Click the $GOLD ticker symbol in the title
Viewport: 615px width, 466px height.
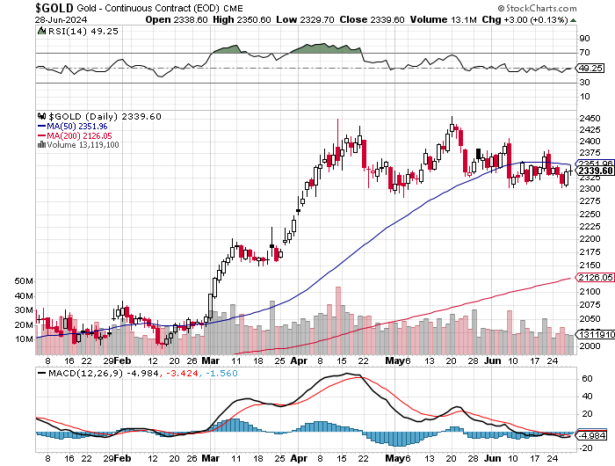[x=54, y=7]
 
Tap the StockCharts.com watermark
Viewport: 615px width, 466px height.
[x=537, y=8]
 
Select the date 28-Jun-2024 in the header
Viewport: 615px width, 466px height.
[x=61, y=19]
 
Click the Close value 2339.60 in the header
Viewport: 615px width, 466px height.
[x=387, y=19]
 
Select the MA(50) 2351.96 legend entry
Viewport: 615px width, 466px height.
[x=73, y=127]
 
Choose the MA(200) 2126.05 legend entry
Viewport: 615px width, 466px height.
[x=75, y=135]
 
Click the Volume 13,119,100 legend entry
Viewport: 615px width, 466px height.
[x=78, y=145]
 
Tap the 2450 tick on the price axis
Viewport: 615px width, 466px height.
[x=590, y=118]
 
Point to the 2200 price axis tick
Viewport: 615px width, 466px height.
[x=590, y=238]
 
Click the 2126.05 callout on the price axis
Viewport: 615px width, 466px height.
[x=595, y=277]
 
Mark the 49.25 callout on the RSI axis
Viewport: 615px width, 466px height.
[x=590, y=68]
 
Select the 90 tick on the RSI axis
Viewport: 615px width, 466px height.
[x=584, y=38]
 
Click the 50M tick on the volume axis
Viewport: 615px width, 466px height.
[x=24, y=281]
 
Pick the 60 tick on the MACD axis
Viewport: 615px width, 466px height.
[x=587, y=379]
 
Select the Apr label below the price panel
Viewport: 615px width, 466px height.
[x=299, y=360]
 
